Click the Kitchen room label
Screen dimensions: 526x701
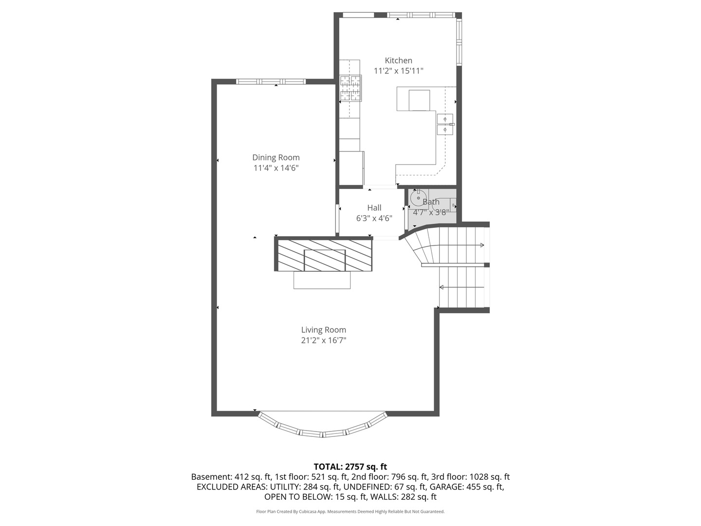(x=398, y=60)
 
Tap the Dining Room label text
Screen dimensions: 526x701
(x=276, y=157)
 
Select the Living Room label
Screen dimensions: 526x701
(x=323, y=330)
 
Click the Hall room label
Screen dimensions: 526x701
(x=374, y=208)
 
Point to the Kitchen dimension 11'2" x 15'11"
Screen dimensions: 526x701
(x=398, y=71)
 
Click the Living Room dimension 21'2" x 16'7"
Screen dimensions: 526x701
(x=323, y=340)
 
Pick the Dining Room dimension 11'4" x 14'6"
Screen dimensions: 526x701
(x=276, y=168)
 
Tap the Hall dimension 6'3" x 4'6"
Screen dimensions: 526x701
(x=374, y=219)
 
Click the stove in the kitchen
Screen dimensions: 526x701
(x=350, y=88)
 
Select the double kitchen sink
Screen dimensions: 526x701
(x=445, y=124)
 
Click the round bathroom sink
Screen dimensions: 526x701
(x=418, y=199)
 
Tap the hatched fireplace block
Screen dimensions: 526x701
(x=325, y=255)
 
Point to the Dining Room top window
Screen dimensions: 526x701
(x=271, y=81)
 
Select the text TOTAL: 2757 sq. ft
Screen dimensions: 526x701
(x=350, y=467)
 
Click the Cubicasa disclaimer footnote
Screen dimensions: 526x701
(x=350, y=511)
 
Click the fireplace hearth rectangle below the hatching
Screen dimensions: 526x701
(x=322, y=280)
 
